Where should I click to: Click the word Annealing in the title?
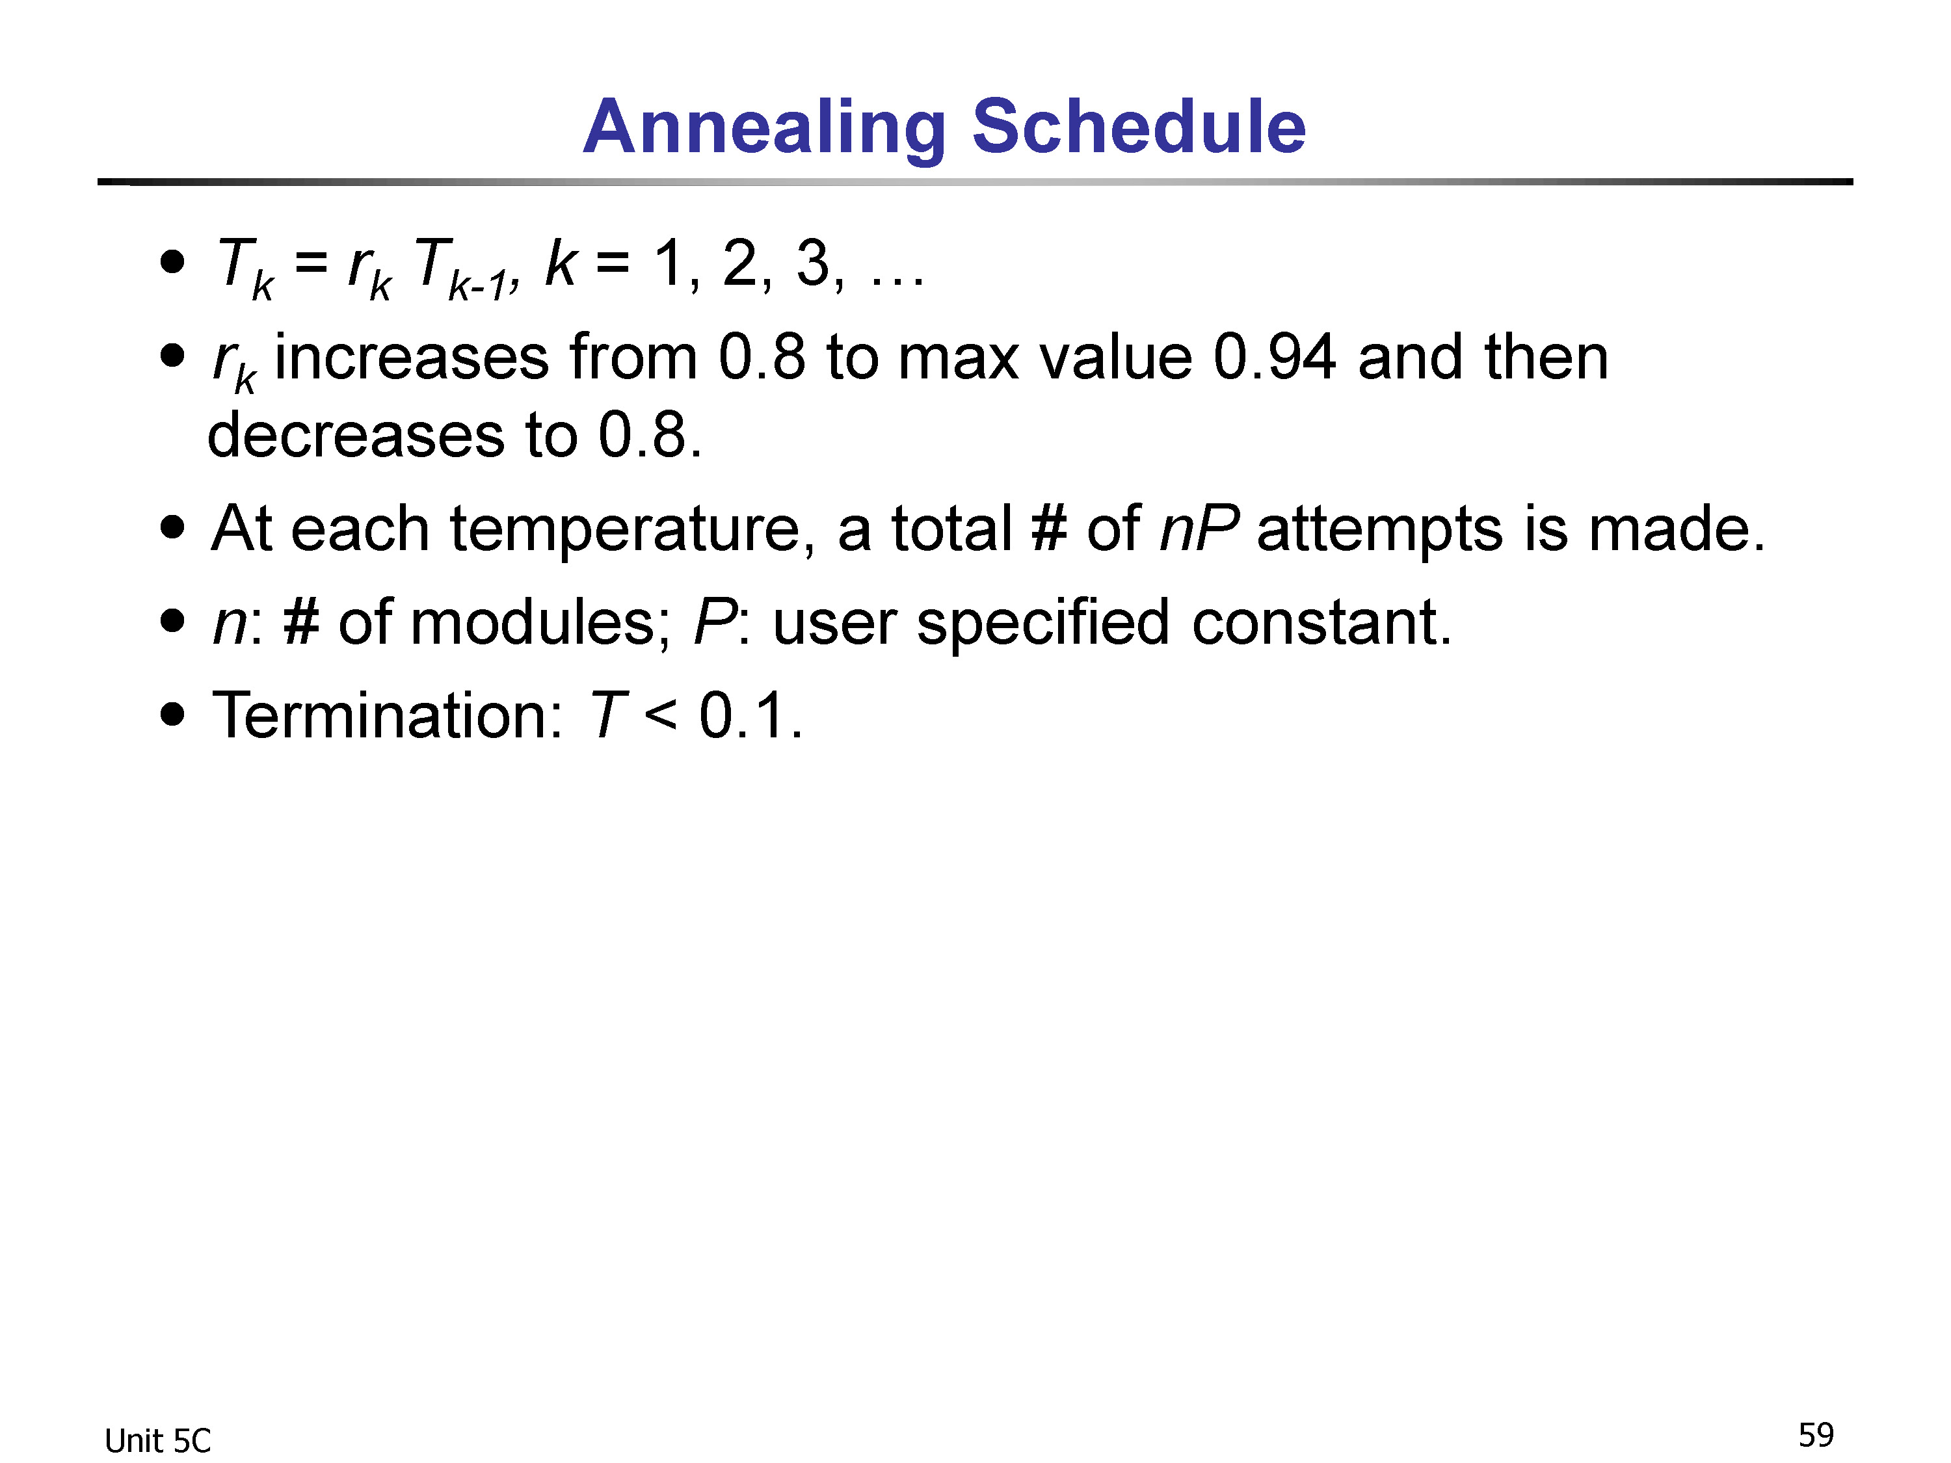coord(765,128)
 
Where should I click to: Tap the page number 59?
coord(1816,1435)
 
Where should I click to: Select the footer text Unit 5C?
coord(158,1441)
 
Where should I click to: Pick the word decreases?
coord(356,435)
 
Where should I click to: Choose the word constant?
coord(1321,623)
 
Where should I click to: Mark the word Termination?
coord(386,715)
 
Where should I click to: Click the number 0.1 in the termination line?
coord(750,715)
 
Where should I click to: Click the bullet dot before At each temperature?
coord(174,527)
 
